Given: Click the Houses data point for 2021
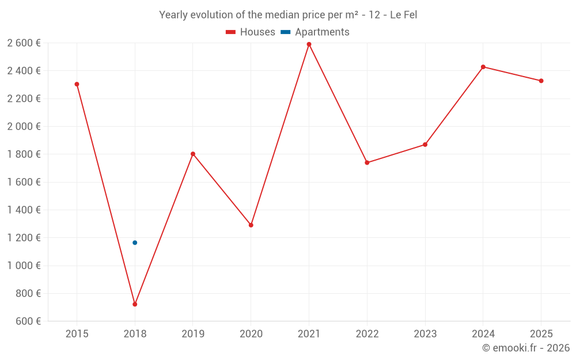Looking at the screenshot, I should [x=309, y=44].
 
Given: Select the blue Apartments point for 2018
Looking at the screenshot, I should [x=135, y=242].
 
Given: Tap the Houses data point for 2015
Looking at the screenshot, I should [x=77, y=84].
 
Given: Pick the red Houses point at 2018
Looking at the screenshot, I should [x=135, y=304].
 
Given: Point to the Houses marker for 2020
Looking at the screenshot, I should [x=251, y=225].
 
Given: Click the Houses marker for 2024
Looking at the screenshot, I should [x=483, y=67].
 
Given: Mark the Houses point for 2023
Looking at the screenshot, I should [x=425, y=145].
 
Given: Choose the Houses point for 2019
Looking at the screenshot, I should [x=193, y=154].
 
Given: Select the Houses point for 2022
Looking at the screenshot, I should [x=367, y=162].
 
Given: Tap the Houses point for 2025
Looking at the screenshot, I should [x=541, y=81].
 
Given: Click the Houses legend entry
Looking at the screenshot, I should [x=251, y=32].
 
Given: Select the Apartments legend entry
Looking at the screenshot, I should [x=316, y=32].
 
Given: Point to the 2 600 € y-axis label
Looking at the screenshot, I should [x=24, y=43].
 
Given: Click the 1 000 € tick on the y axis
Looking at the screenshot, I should [x=24, y=266].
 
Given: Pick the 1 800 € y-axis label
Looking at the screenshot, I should [x=24, y=154].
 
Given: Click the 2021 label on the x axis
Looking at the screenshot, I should [x=309, y=334].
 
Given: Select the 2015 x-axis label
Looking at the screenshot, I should [x=77, y=334].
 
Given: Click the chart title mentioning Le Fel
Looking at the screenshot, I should [x=288, y=15].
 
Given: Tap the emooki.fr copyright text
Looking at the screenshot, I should [x=526, y=348].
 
